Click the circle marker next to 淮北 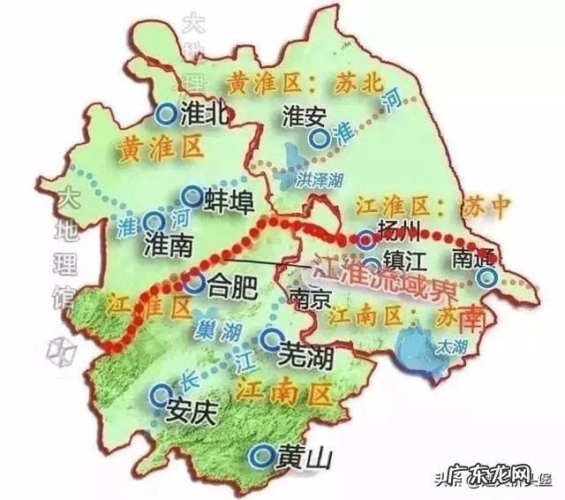pos(164,113)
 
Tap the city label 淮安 pos(303,116)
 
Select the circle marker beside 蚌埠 pos(190,196)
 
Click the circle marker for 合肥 pos(195,284)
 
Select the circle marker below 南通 pos(485,277)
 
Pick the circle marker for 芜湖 pos(269,337)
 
